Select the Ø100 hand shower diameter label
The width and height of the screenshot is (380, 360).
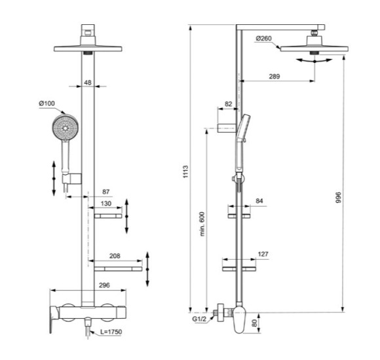47,104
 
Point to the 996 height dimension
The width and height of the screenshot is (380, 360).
338,197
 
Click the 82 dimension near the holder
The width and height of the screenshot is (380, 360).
229,105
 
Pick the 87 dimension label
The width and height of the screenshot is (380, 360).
106,191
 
